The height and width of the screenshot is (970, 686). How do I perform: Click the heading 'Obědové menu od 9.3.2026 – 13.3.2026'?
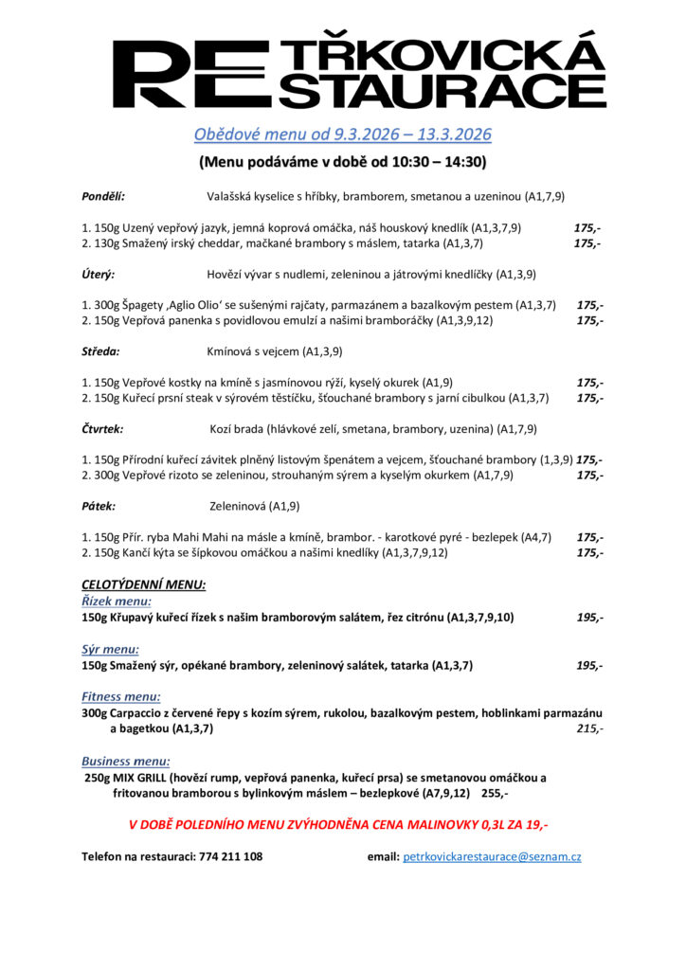click(343, 135)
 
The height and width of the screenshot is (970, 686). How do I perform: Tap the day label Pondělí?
click(103, 197)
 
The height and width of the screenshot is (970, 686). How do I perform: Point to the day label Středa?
click(100, 352)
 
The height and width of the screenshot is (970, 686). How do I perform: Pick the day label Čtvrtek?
click(102, 429)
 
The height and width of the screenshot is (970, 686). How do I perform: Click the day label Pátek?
click(99, 507)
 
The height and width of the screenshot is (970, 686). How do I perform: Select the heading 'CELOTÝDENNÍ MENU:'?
click(143, 584)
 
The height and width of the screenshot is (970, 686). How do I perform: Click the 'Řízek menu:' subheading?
click(117, 601)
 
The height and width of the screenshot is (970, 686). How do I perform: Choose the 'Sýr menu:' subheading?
click(110, 650)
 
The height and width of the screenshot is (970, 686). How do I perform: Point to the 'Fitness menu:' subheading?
click(120, 697)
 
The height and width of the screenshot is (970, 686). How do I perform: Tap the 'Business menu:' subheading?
click(126, 761)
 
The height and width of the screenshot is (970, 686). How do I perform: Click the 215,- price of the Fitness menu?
click(589, 728)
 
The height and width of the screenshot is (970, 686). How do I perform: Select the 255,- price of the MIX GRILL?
click(495, 793)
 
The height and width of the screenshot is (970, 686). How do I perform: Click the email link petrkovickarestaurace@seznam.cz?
click(492, 856)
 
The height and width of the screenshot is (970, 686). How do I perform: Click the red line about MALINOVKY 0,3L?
click(338, 824)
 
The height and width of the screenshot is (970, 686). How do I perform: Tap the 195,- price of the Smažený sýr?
click(589, 665)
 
